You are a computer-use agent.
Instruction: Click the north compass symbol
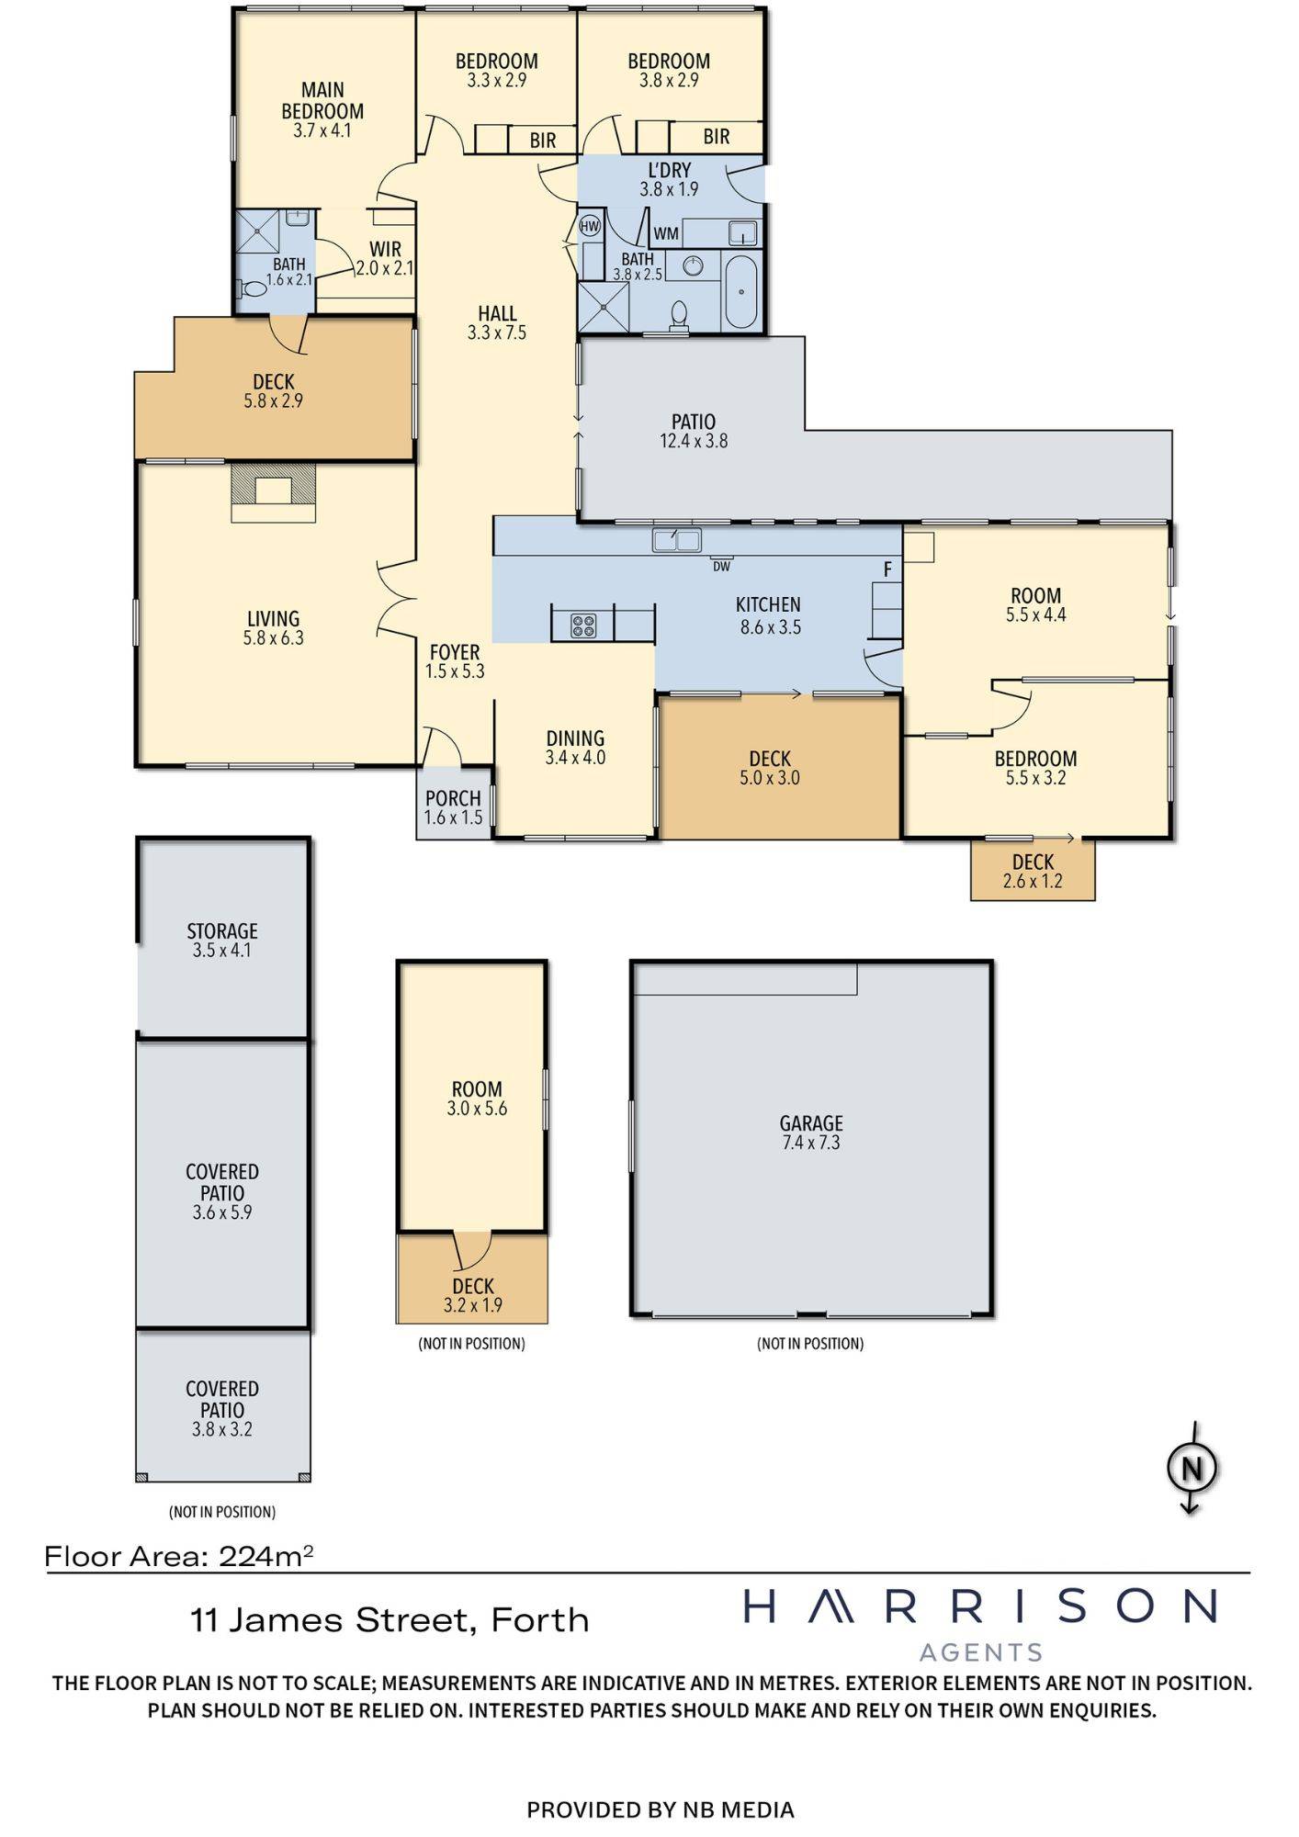tap(1192, 1468)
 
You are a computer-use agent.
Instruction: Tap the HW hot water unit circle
tap(589, 225)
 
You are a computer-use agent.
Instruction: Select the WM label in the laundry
tap(666, 234)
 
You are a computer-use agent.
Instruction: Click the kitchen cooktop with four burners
tap(583, 625)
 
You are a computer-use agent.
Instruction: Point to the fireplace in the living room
tap(273, 491)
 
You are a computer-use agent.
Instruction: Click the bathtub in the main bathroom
tap(740, 292)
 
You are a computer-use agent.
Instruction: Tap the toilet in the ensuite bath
tap(252, 288)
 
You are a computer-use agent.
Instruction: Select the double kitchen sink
tap(676, 539)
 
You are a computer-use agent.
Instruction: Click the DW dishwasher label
tap(721, 567)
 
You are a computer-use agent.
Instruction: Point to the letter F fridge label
tap(887, 570)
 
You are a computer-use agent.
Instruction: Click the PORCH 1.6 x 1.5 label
tap(453, 808)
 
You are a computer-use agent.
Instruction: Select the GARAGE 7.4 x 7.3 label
tap(810, 1133)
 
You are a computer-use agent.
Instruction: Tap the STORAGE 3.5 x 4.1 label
tap(222, 941)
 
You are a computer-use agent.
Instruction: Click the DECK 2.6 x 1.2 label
tap(1033, 872)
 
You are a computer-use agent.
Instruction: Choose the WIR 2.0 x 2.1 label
tap(385, 259)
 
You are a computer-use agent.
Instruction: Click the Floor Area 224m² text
tap(179, 1556)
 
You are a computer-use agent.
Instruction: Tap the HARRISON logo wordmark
tap(979, 1606)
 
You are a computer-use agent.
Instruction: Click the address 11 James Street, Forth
tap(390, 1619)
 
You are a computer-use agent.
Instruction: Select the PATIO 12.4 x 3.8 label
tap(694, 431)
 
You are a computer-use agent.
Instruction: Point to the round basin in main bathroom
tap(694, 266)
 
